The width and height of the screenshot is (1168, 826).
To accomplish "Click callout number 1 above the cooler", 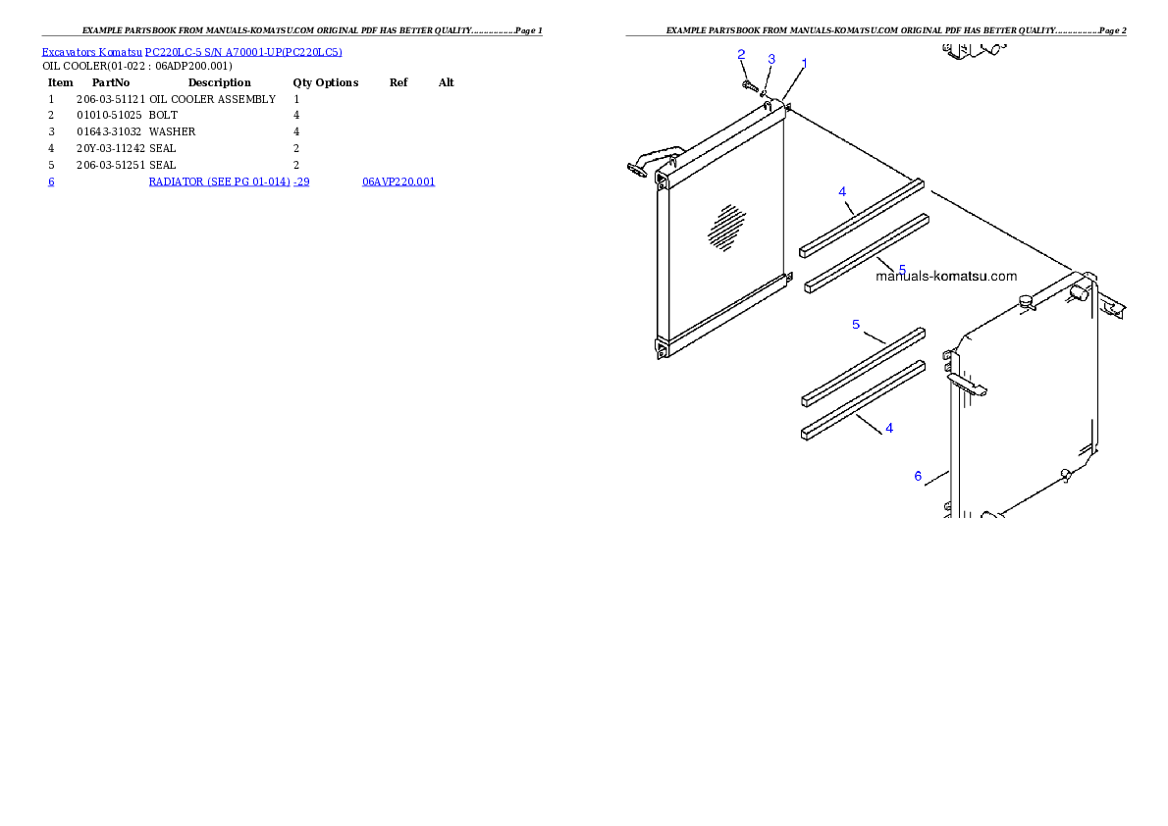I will tap(804, 63).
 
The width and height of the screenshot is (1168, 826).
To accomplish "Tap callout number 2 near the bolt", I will tap(741, 54).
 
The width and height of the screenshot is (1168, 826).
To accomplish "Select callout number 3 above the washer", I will tap(771, 59).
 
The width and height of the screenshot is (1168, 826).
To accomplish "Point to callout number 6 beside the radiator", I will tap(918, 476).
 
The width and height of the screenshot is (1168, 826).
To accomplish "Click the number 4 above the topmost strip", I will tap(842, 191).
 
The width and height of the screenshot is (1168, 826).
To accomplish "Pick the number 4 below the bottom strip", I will tap(889, 428).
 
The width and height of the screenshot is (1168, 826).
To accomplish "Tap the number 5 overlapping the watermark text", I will tap(902, 269).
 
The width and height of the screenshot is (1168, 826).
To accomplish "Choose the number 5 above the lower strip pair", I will tap(856, 324).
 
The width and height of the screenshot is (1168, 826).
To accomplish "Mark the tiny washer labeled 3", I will tap(764, 93).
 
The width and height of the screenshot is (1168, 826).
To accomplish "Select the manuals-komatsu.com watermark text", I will tap(946, 277).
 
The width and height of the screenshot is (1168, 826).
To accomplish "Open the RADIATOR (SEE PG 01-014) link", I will tap(229, 181).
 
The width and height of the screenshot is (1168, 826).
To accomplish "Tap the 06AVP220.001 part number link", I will tap(398, 181).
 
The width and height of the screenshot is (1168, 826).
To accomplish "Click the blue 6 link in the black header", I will tap(51, 181).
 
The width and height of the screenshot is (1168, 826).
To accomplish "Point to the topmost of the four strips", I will tap(862, 217).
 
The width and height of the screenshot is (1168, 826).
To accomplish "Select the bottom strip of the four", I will tap(863, 399).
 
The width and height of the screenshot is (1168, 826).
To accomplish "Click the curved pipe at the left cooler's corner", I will tap(652, 159).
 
